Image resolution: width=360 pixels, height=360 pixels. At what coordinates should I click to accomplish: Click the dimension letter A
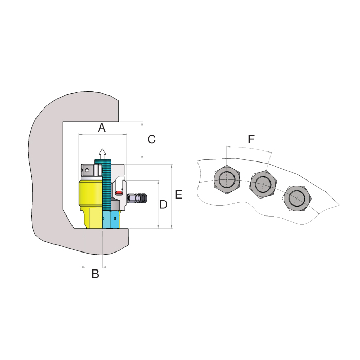pos(102,128)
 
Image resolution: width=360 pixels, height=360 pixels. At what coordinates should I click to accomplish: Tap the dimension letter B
pos(95,274)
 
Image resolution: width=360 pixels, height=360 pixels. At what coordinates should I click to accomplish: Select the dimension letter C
pos(152,139)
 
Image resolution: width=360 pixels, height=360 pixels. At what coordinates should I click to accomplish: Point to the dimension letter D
pos(163,204)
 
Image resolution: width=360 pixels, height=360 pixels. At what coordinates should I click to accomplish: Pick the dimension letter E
pos(178,194)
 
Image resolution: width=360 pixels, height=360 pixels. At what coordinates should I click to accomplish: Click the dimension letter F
pos(251,139)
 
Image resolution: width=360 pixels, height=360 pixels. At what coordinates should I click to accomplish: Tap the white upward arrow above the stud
pos(102,154)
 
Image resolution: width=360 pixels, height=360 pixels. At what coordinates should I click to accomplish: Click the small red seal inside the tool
pos(119,192)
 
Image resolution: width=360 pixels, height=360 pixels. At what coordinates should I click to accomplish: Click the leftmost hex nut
pos(227,179)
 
